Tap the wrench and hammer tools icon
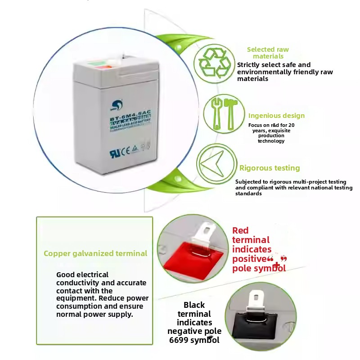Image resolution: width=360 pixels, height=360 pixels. point(220,113)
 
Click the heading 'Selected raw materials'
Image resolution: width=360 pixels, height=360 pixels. point(268,53)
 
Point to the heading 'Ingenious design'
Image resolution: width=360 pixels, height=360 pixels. point(276,116)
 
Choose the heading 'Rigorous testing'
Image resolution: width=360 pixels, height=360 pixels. point(270,168)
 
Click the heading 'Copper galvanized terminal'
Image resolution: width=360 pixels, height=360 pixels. point(95,253)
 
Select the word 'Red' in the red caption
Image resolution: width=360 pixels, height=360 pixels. point(240,230)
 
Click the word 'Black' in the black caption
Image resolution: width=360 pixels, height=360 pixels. point(194,305)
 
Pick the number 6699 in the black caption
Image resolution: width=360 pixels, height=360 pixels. point(179,340)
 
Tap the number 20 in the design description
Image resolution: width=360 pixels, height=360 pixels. point(292,125)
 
